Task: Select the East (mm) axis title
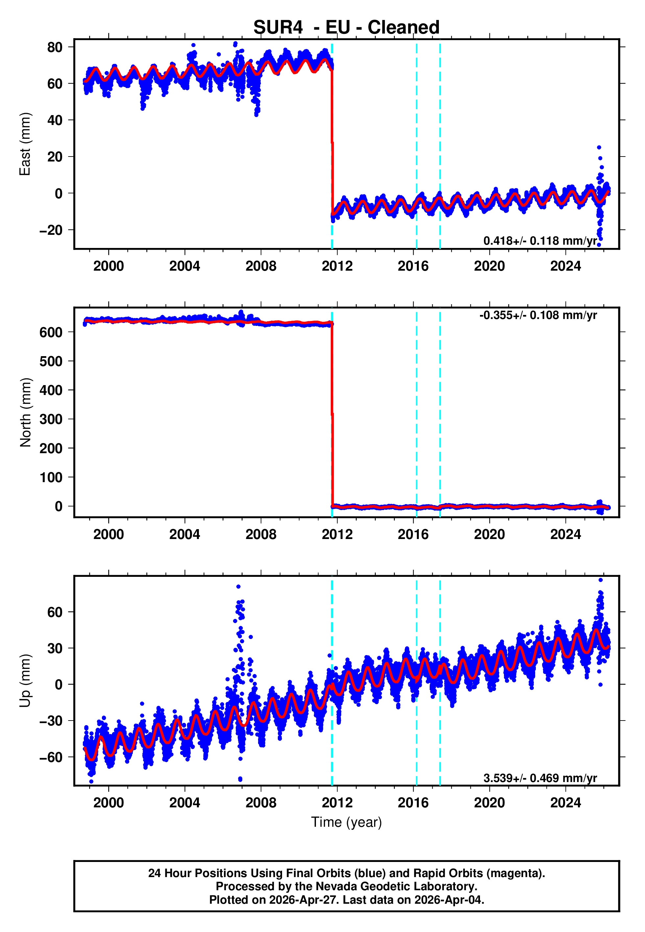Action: click(x=25, y=144)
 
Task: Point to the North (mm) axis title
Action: click(x=25, y=412)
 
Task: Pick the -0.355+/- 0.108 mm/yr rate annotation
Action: click(x=538, y=315)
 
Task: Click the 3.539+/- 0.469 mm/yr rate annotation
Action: click(x=539, y=778)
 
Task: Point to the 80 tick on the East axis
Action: click(x=55, y=47)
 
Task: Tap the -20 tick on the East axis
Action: click(x=51, y=230)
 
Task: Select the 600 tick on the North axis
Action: click(x=51, y=332)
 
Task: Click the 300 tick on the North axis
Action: click(x=51, y=419)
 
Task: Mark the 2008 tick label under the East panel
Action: click(x=261, y=266)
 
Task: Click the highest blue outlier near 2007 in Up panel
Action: click(x=238, y=586)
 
